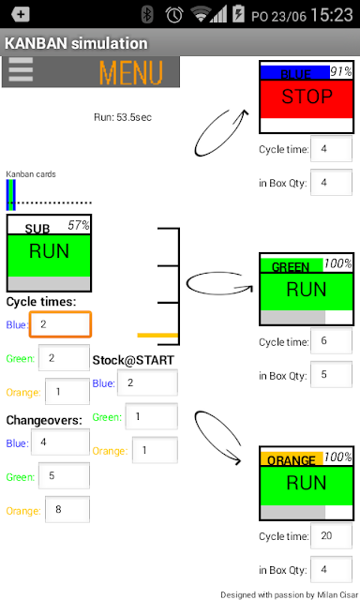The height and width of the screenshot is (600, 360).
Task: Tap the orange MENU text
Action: pos(131,72)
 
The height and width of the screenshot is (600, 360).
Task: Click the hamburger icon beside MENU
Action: pos(21,69)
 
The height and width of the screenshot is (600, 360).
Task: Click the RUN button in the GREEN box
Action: pos(307,291)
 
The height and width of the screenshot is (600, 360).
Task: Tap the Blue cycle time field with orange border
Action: pos(60,324)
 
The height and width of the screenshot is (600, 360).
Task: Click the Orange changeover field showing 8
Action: pos(67,509)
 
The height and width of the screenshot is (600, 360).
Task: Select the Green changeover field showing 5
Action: pos(64,475)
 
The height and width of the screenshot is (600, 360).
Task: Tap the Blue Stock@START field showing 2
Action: pos(147,382)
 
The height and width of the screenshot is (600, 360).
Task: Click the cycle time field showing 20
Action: pos(331,535)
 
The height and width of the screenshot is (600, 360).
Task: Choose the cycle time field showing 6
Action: pos(331,341)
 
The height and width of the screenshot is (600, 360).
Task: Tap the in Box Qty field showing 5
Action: pos(331,375)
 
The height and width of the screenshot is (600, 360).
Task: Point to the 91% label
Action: pos(341,71)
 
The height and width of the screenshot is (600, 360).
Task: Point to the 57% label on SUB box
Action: pos(79,225)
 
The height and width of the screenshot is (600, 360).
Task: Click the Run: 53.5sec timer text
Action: pos(123,117)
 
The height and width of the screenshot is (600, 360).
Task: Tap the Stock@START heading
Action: pos(133,360)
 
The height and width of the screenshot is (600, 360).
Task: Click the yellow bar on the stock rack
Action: pos(157,336)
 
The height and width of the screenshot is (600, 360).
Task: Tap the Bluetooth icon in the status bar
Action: pos(147,15)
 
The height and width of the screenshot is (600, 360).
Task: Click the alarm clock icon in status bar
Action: pos(174,15)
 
